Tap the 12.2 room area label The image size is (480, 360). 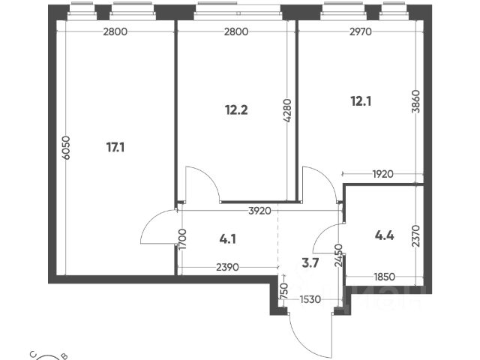pos(236,109)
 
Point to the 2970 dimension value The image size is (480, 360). pos(357,31)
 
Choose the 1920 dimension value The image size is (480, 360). pos(382,175)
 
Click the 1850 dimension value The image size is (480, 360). pos(384,277)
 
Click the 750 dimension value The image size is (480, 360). pos(283,289)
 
